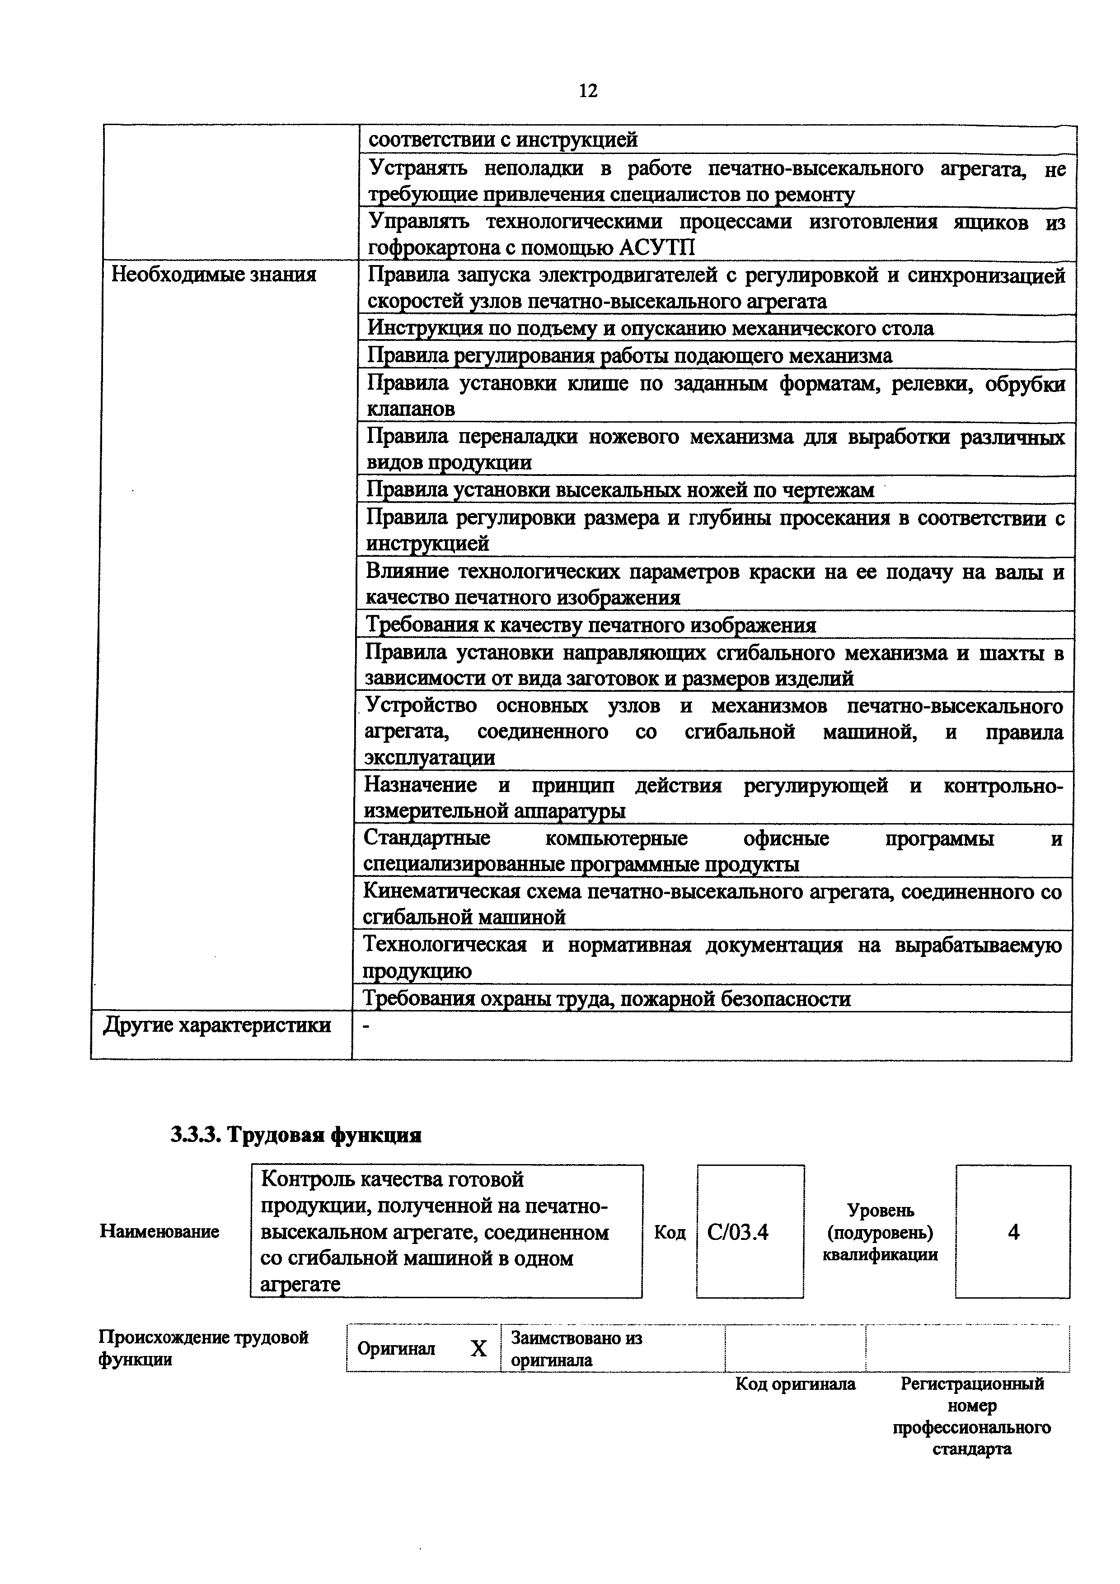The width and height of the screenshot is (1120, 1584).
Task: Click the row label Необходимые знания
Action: click(214, 275)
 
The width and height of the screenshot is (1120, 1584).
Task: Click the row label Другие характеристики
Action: click(217, 1025)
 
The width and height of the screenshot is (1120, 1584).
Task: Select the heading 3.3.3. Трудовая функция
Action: click(296, 1134)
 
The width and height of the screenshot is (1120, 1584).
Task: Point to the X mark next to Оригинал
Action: click(478, 1348)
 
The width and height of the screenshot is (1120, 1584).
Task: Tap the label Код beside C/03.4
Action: click(670, 1232)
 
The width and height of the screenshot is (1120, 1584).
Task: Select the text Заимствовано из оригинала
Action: click(576, 1348)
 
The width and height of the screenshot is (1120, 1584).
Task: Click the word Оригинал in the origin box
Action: click(396, 1348)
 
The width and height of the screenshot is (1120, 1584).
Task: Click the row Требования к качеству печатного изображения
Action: click(590, 625)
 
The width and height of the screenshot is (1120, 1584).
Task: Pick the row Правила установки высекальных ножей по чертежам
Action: click(620, 490)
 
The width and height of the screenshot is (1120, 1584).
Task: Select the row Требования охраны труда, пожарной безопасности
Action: click(607, 998)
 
